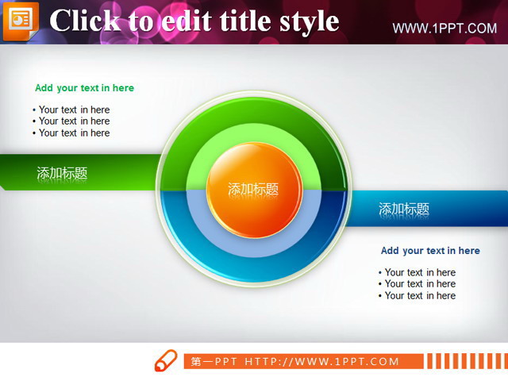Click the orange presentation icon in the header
coord(21,21)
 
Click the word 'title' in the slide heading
coord(244,21)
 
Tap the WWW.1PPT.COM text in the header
coord(444,29)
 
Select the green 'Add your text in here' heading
coord(84,88)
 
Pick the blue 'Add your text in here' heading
coord(430,251)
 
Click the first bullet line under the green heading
coord(71,110)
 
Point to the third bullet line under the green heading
coord(71,133)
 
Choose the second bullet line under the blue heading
coord(418,284)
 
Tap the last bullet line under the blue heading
coord(418,295)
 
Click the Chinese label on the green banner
coord(62,173)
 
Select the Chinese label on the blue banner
coord(404,209)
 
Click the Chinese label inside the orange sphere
coord(253,189)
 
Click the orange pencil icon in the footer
coord(166,360)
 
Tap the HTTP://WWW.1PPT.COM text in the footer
coord(321,361)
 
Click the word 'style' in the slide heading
coord(310,21)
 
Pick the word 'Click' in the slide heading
coord(85,21)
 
